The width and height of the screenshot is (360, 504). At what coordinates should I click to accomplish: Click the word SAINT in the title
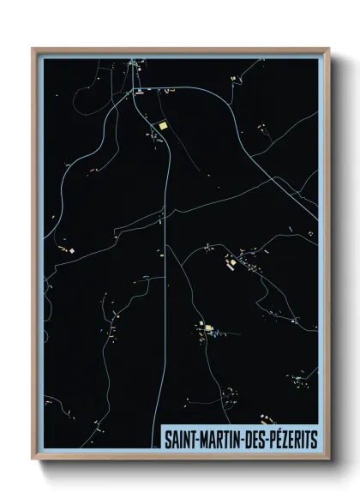(x=179, y=439)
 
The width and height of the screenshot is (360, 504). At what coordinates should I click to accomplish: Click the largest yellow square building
(x=161, y=126)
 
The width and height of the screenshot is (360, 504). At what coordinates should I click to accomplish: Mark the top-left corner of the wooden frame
(x=33, y=49)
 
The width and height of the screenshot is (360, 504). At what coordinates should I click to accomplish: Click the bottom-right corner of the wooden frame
(x=328, y=459)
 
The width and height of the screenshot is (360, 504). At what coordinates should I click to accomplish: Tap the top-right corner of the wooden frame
(x=328, y=49)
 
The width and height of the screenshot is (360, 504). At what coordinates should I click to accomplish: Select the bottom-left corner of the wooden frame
(x=33, y=459)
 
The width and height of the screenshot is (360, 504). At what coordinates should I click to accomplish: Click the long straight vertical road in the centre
(x=164, y=300)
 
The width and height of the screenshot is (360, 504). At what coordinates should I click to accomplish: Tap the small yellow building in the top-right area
(x=233, y=79)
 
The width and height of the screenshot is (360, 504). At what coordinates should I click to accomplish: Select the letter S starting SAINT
(x=168, y=439)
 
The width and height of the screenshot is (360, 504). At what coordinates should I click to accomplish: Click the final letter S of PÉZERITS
(x=315, y=439)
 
